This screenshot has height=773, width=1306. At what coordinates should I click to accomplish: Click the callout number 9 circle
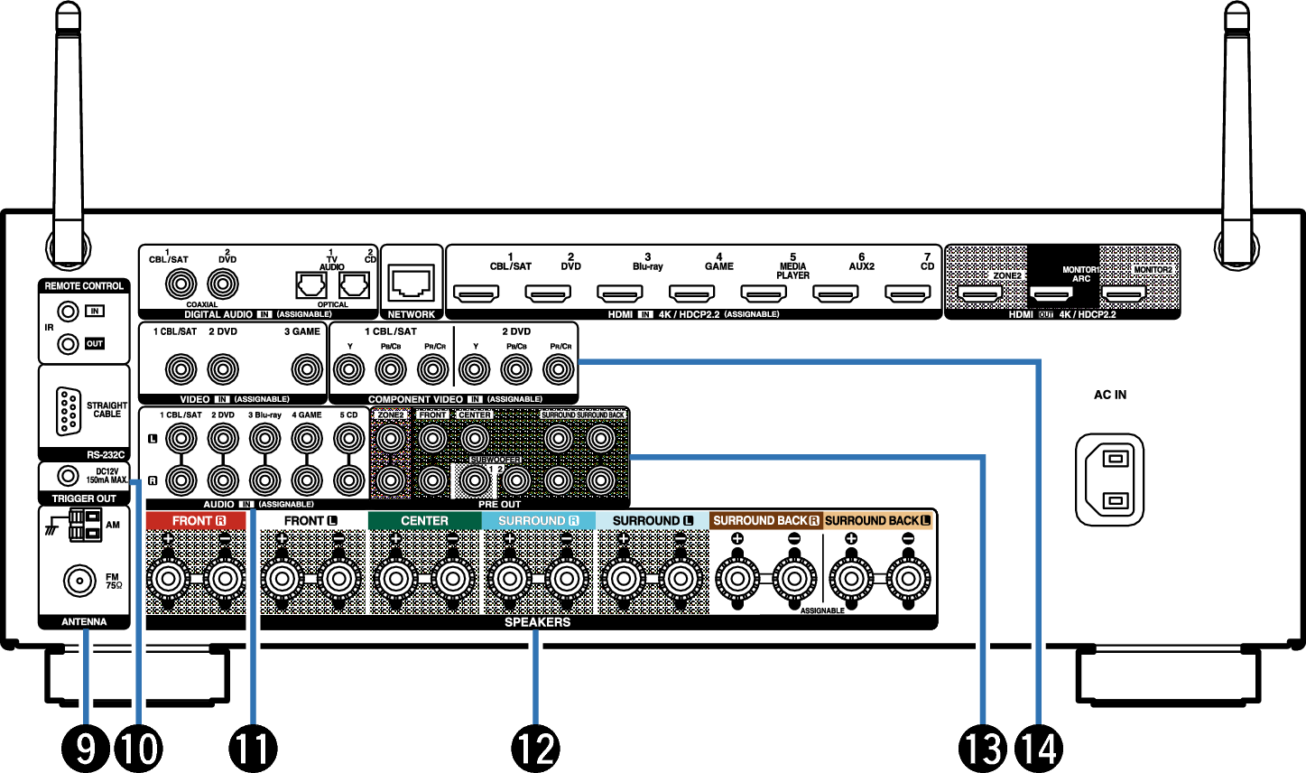[86, 748]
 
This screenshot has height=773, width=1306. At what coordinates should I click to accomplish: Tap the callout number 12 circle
[536, 748]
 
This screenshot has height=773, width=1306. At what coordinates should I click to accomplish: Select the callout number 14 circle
[1039, 748]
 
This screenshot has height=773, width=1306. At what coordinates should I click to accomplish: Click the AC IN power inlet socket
[1110, 479]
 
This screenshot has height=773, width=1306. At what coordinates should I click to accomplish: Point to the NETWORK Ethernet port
[412, 284]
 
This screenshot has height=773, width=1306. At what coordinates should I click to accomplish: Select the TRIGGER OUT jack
[66, 475]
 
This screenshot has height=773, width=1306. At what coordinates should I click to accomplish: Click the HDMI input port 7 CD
[907, 293]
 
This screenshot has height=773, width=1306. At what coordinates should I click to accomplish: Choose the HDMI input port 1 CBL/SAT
[476, 293]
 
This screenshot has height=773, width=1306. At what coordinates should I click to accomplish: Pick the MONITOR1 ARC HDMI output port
[1051, 293]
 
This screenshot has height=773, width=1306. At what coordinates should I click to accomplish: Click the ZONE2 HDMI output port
[980, 293]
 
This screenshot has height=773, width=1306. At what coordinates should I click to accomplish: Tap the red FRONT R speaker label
[195, 521]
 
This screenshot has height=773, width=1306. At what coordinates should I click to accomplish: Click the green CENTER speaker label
[424, 521]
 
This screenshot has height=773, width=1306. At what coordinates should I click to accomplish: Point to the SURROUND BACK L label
[877, 521]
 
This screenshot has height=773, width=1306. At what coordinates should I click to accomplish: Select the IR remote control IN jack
[66, 312]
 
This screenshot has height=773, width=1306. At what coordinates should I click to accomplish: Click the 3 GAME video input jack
[307, 368]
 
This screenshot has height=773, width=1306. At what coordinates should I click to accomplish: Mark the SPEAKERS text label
[537, 622]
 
